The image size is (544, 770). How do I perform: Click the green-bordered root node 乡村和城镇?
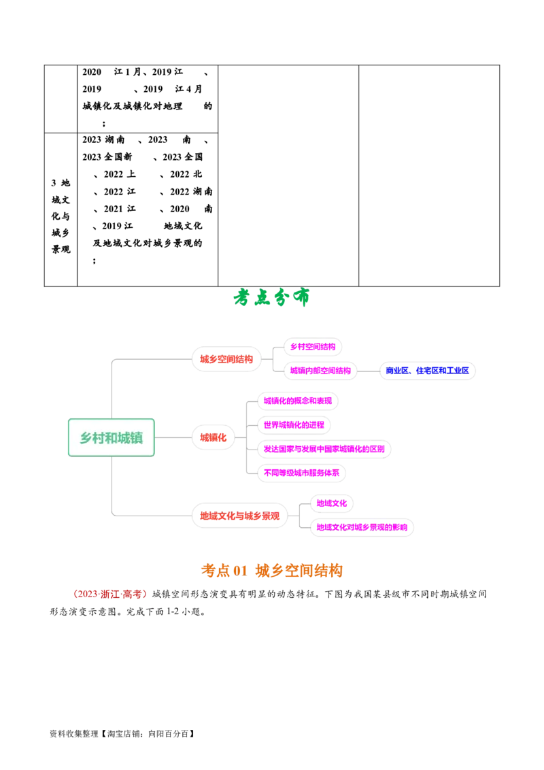[x=112, y=437]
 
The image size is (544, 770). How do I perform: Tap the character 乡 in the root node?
[x=86, y=438]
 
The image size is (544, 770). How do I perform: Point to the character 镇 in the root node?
[x=137, y=438]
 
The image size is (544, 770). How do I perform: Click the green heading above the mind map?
[x=271, y=298]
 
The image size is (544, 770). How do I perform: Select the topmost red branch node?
[x=226, y=359]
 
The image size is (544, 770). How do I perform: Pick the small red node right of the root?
[x=214, y=437]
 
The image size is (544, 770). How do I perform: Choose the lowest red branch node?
[x=239, y=516]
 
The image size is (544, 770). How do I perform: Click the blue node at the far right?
[x=428, y=370]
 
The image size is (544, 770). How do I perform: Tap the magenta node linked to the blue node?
[x=320, y=371]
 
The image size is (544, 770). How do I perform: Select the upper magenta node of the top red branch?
[x=312, y=348]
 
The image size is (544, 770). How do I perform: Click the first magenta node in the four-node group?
[x=297, y=401]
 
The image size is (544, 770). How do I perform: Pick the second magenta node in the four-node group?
[x=294, y=425]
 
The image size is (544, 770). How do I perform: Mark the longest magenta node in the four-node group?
[x=324, y=449]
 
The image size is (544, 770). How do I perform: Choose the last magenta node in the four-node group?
[x=301, y=473]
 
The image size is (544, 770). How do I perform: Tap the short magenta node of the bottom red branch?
[x=331, y=504]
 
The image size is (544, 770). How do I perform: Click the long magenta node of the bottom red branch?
[x=361, y=527]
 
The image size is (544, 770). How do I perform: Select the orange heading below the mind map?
[x=272, y=571]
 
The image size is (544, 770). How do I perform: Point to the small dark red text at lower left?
[x=109, y=594]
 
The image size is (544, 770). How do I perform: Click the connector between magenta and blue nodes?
[x=368, y=371]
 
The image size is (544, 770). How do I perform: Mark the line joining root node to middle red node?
[x=174, y=438]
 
